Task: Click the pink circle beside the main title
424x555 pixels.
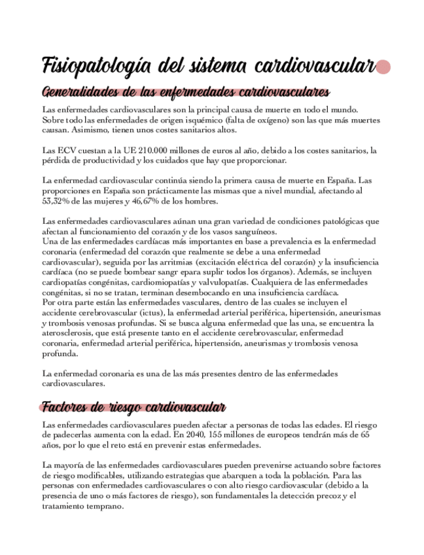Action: [384, 67]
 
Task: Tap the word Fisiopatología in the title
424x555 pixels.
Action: [89, 67]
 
